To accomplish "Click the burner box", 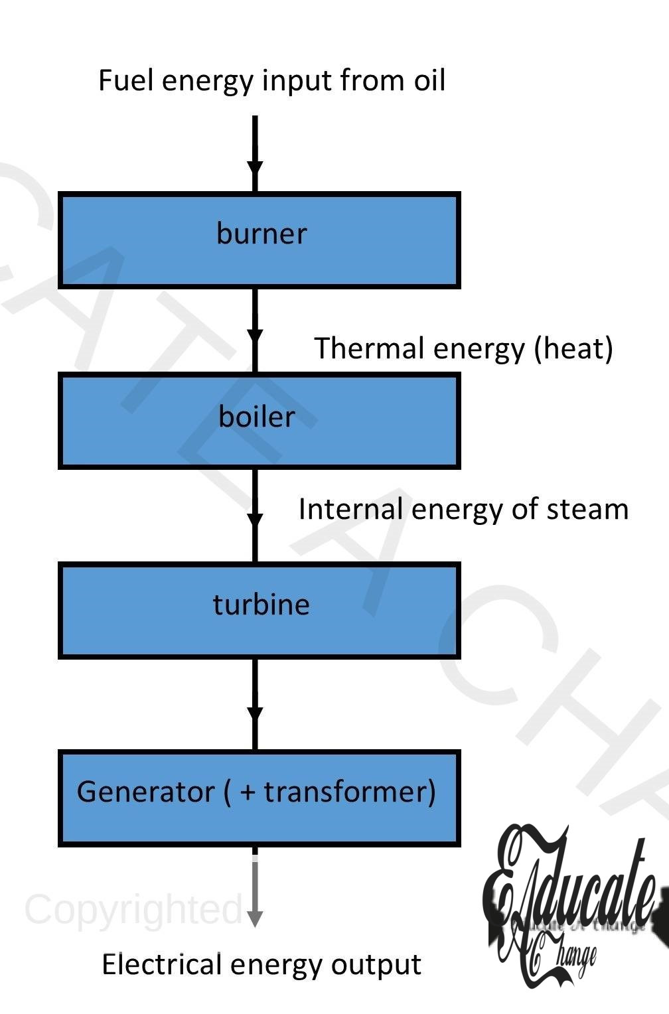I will [259, 240].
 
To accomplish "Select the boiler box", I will [259, 421].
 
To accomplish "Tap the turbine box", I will [259, 610].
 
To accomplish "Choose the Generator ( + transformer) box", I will [259, 798].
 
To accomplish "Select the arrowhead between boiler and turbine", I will [255, 520].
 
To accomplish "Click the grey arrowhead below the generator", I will [255, 918].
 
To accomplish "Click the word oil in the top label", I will [429, 80].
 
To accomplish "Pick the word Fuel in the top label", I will [126, 80].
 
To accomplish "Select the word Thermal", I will [359, 348].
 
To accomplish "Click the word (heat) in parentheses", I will [573, 348].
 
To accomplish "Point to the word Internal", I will [350, 510].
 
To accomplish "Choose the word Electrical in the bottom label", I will [161, 964].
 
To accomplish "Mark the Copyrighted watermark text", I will [133, 909].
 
